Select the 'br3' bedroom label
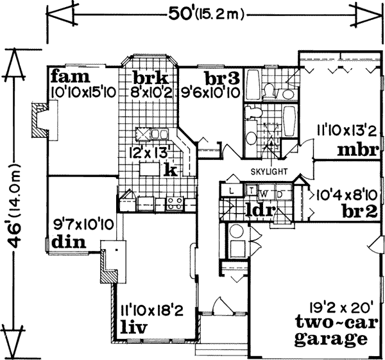click(213, 78)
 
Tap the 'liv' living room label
click(135, 329)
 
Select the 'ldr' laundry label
click(259, 209)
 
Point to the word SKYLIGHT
click(268, 171)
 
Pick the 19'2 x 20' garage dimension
click(333, 307)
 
